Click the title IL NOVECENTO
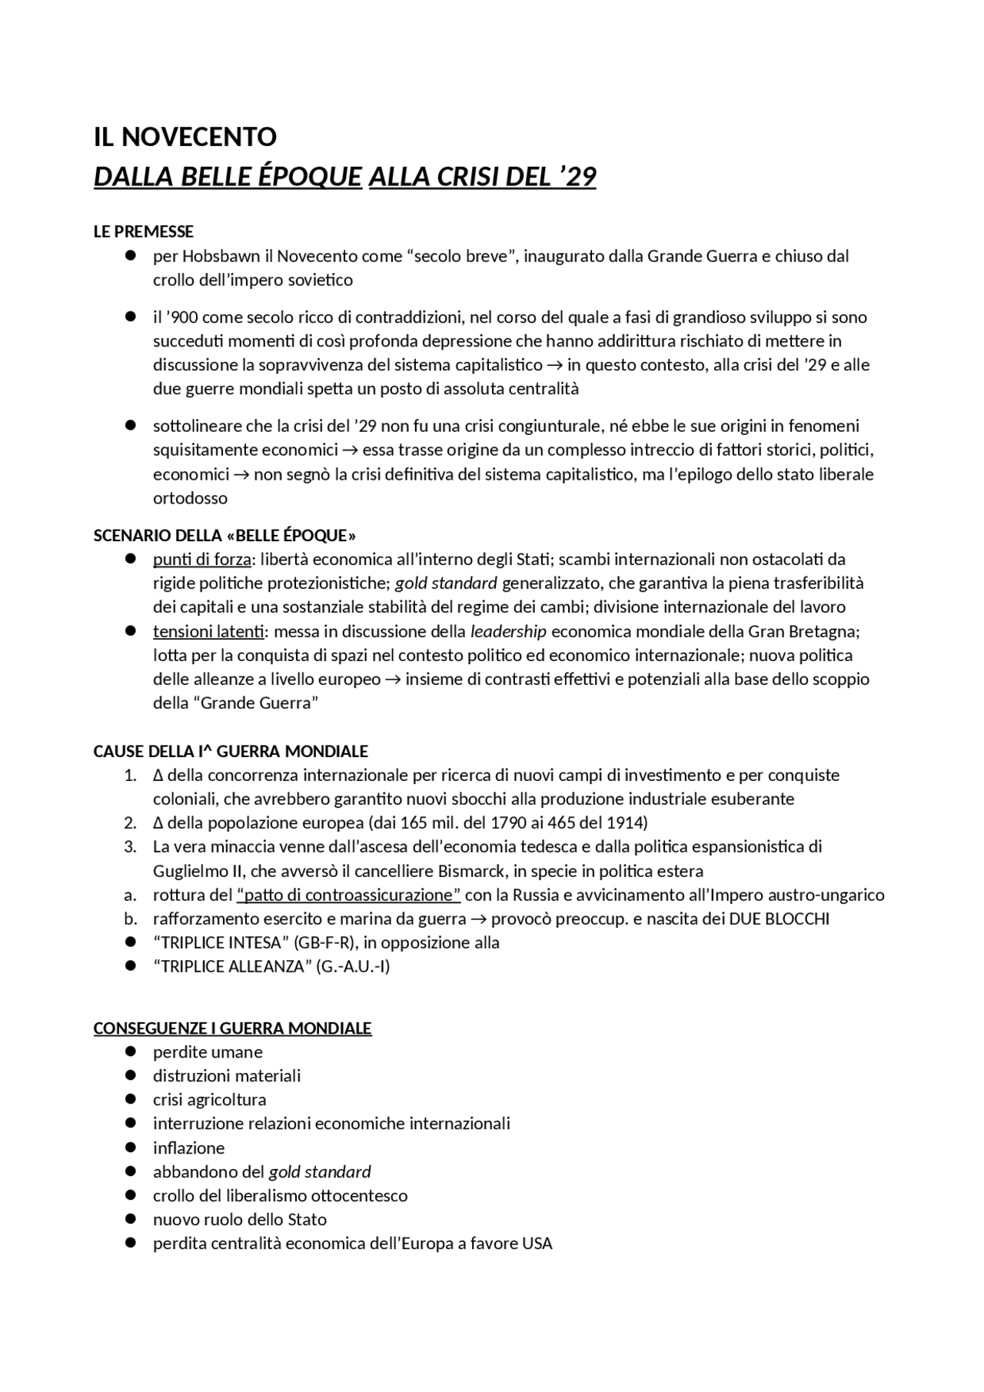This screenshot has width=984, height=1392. click(x=184, y=137)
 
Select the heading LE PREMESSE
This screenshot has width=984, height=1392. click(x=143, y=231)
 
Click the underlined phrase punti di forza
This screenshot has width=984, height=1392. click(x=201, y=559)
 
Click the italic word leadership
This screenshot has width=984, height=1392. click(x=508, y=631)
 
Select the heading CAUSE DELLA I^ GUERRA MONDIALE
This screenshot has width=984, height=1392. click(x=231, y=751)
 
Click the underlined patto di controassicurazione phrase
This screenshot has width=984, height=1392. click(x=348, y=895)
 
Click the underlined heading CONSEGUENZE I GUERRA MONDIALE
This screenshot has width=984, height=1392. click(x=232, y=1028)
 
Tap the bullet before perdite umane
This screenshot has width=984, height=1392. click(x=131, y=1051)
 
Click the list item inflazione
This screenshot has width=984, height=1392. click(x=188, y=1148)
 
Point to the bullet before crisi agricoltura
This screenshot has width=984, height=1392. click(x=131, y=1098)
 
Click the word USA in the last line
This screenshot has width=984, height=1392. click(x=537, y=1243)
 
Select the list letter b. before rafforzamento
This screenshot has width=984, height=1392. click(x=130, y=919)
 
